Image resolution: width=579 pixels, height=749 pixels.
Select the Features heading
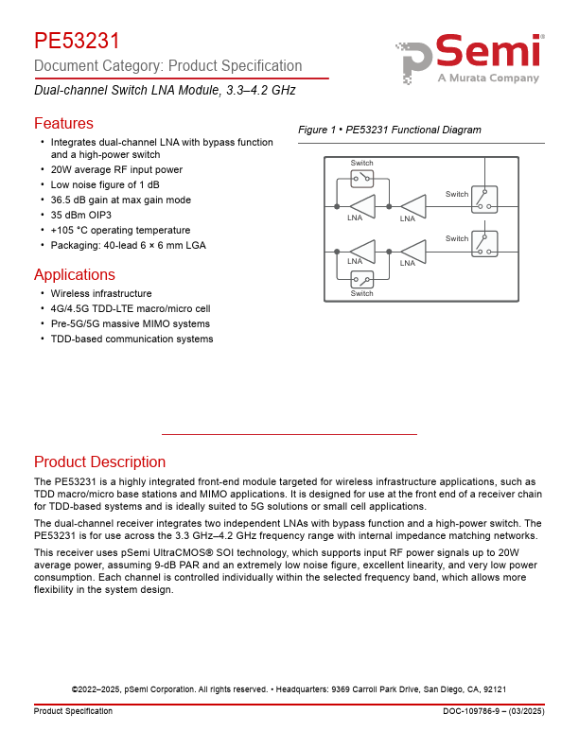tap(63, 124)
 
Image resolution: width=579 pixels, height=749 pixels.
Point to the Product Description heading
tap(99, 462)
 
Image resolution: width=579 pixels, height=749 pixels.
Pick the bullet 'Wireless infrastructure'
tap(101, 293)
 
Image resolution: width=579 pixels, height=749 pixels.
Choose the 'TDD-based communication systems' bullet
tap(132, 339)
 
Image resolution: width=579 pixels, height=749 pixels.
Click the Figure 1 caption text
tap(389, 130)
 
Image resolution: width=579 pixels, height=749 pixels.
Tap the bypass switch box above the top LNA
tap(362, 178)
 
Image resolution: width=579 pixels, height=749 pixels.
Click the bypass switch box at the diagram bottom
tap(362, 279)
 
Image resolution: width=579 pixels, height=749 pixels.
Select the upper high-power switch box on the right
tap(484, 199)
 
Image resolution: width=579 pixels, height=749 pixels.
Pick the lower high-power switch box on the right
tap(484, 243)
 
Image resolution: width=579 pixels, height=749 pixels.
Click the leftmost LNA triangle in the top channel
tap(362, 205)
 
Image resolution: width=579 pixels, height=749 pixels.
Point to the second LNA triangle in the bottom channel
tap(413, 252)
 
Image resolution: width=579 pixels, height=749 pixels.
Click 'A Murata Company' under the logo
tap(488, 78)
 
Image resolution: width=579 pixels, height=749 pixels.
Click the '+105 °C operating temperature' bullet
tap(120, 230)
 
